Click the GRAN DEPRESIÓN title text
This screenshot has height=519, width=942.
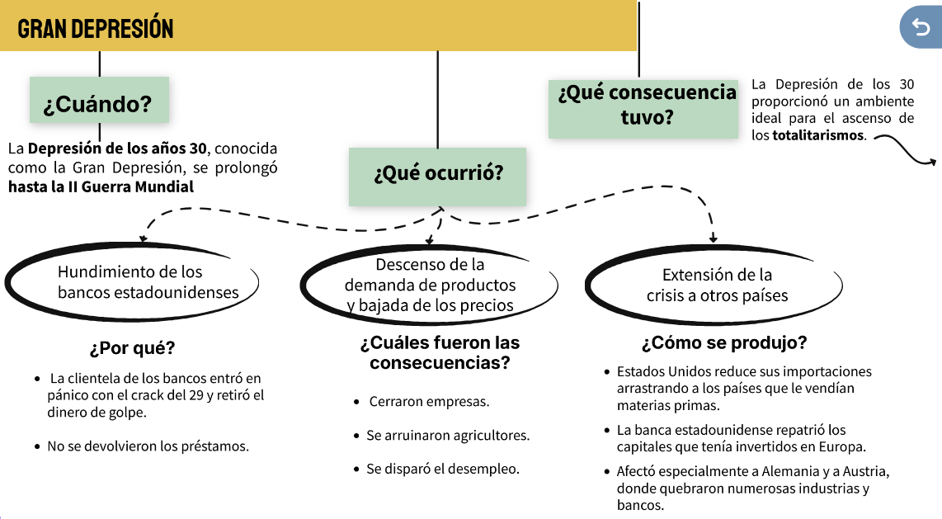(x=96, y=29)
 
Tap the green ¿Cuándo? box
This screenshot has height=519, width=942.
(x=99, y=105)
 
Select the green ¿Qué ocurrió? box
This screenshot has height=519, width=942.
(x=437, y=175)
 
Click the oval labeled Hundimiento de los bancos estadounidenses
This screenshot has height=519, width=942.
(x=132, y=282)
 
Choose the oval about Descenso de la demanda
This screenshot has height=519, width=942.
(x=430, y=285)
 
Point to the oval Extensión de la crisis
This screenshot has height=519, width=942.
(x=717, y=285)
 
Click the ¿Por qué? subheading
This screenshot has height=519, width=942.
(x=132, y=347)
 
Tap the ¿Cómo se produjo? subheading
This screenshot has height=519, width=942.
(x=723, y=342)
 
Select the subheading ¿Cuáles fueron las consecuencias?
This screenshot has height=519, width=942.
(x=440, y=352)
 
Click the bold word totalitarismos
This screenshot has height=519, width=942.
(x=819, y=134)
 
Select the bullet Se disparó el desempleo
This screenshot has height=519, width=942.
(x=443, y=469)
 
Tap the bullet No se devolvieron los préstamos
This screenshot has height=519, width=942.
(x=148, y=446)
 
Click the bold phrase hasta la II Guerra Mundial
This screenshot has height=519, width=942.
(x=101, y=186)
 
